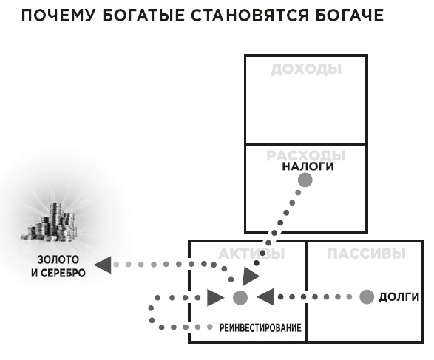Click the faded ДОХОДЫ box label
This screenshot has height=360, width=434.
(x=305, y=69)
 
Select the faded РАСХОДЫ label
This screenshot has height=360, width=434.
(x=305, y=156)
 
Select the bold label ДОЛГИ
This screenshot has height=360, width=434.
(x=399, y=297)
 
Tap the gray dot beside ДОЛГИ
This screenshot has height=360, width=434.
(x=366, y=297)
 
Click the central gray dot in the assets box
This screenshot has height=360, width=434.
(x=240, y=298)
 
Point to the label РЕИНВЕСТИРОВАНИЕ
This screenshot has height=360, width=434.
(x=260, y=327)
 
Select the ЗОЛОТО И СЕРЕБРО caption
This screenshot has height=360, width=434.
(x=61, y=267)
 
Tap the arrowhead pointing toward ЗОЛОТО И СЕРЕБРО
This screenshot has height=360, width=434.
(x=104, y=264)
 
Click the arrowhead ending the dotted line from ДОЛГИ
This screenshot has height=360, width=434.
(x=265, y=297)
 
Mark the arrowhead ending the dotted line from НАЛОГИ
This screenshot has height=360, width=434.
(x=251, y=275)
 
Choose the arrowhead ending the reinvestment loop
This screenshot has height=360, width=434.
(x=215, y=298)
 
